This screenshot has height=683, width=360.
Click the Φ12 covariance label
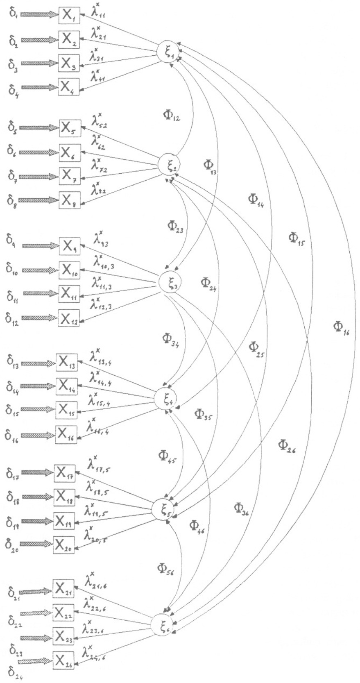pyautogui.click(x=171, y=116)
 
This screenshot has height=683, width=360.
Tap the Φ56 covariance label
pyautogui.click(x=166, y=568)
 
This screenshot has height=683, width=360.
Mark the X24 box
pyautogui.click(x=63, y=660)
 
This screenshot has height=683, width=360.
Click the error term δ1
pyautogui.click(x=12, y=15)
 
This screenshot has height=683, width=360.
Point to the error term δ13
pyautogui.click(x=12, y=361)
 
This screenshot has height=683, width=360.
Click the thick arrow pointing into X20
pyautogui.click(x=37, y=544)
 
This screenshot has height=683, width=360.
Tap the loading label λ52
pyautogui.click(x=99, y=120)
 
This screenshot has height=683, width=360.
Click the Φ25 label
pyautogui.click(x=257, y=349)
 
